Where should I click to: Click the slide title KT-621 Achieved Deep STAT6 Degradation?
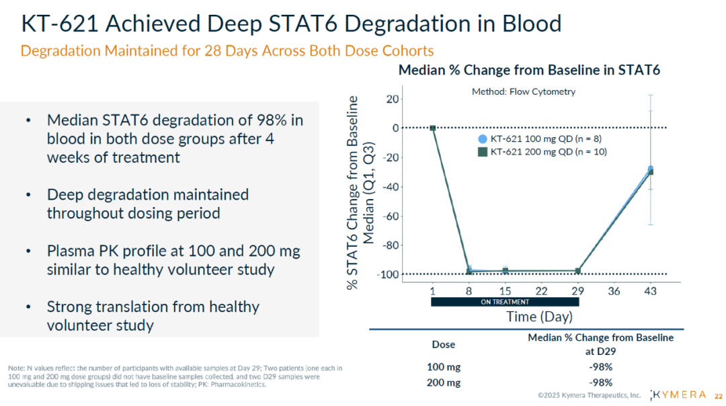pyautogui.click(x=291, y=24)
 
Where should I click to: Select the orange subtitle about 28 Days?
pyautogui.click(x=227, y=50)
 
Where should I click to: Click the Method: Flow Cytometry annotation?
pyautogui.click(x=524, y=91)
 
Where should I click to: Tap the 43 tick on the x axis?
pyautogui.click(x=650, y=291)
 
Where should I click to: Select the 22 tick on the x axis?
pyautogui.click(x=541, y=291)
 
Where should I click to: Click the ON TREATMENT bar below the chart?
pyautogui.click(x=505, y=302)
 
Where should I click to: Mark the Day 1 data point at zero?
pyautogui.click(x=433, y=128)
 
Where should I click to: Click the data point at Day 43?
pyautogui.click(x=650, y=171)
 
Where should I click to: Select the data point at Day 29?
pyautogui.click(x=577, y=271)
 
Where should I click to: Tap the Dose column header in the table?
pyautogui.click(x=443, y=344)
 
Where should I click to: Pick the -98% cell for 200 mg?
pyautogui.click(x=600, y=382)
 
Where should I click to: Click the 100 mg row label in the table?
pyautogui.click(x=444, y=367)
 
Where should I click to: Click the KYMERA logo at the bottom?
pyautogui.click(x=679, y=395)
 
